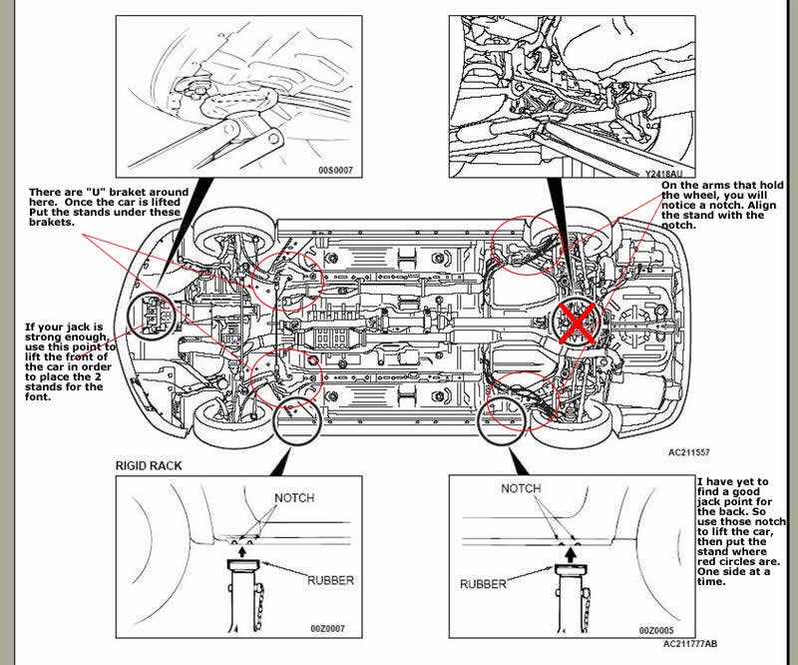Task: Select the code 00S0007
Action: click(x=335, y=171)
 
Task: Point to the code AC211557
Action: click(x=691, y=451)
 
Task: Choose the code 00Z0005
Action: click(x=657, y=630)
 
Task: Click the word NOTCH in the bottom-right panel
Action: click(x=521, y=488)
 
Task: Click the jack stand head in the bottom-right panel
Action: click(x=566, y=566)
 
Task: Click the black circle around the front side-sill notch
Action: click(x=295, y=421)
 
